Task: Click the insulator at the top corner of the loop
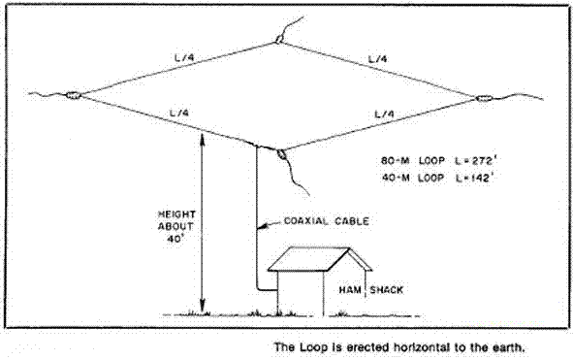coord(279,40)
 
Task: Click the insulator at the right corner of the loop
coord(484,98)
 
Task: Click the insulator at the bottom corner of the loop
coord(282,153)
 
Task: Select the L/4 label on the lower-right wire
coord(383,115)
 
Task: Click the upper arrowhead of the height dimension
coord(201,139)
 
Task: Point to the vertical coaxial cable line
coord(257,223)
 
